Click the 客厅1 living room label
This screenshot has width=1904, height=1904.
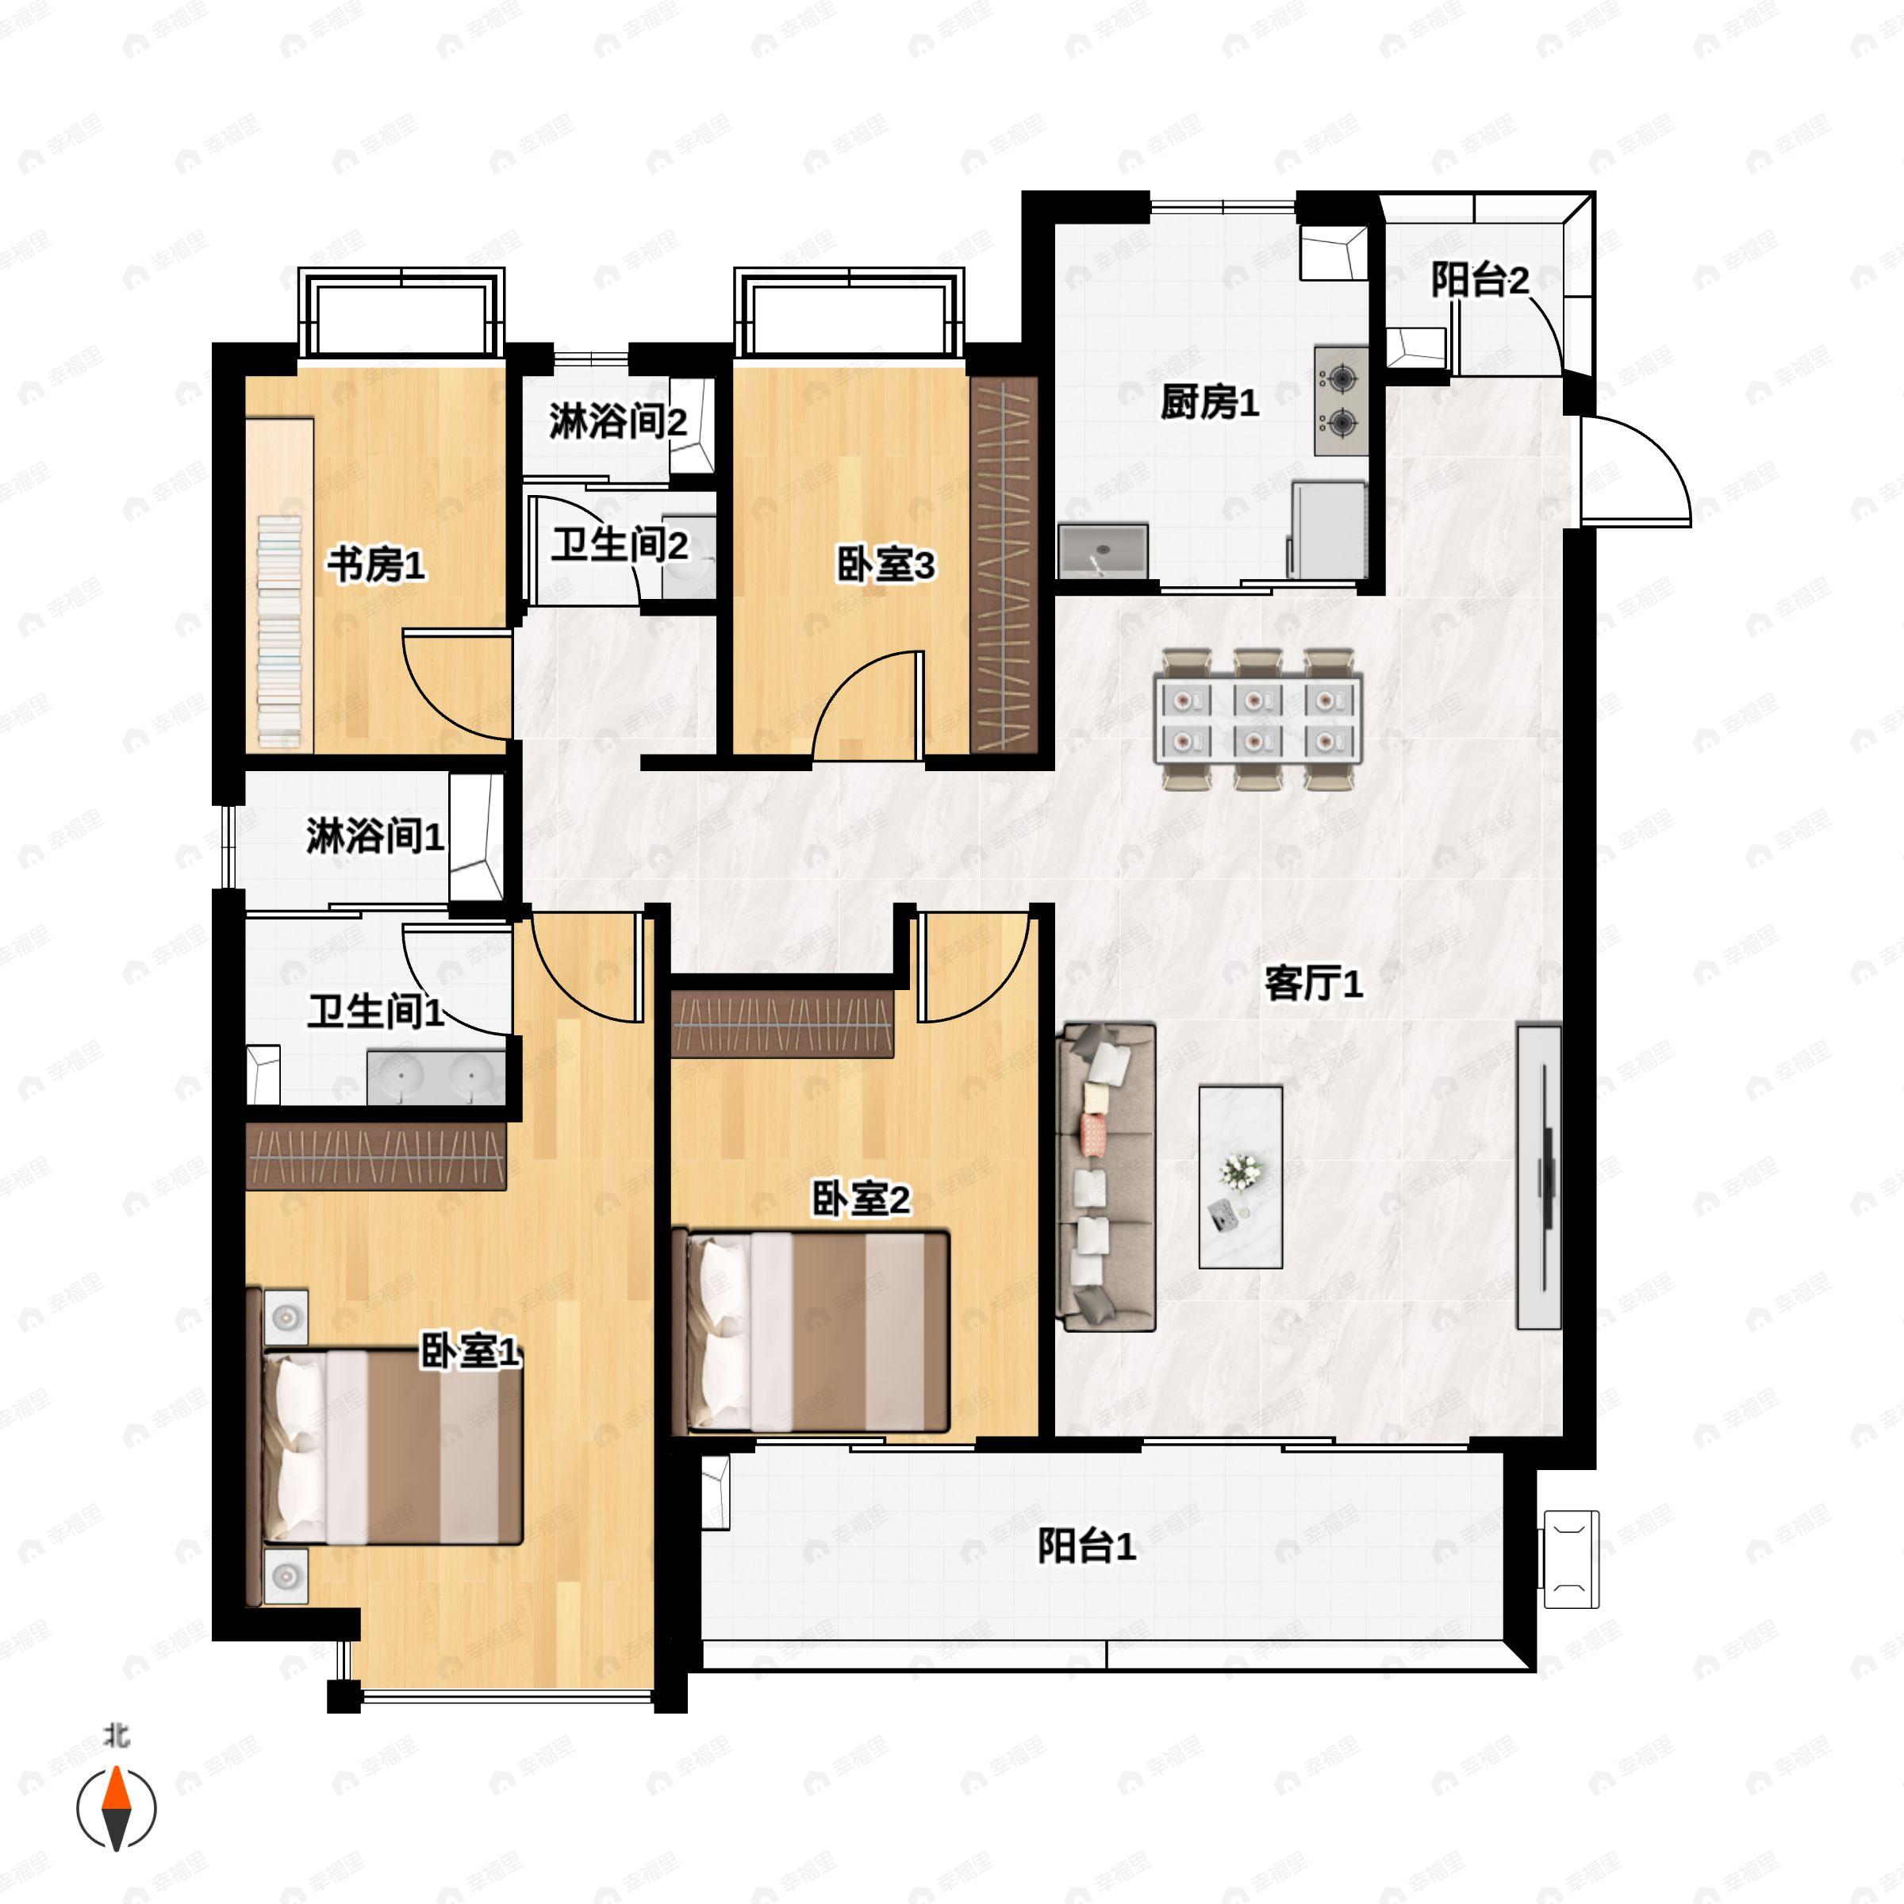(1314, 984)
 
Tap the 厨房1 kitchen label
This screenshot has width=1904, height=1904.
(1210, 402)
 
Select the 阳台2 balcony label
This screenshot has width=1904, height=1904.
(1480, 281)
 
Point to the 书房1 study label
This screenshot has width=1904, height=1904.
(377, 566)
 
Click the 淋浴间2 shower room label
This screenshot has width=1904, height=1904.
(618, 422)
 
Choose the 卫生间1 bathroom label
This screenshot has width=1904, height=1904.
(375, 1012)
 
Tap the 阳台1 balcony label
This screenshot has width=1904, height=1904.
(1087, 1546)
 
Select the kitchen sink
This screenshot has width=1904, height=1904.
(1104, 551)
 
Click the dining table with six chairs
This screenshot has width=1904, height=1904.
(1258, 720)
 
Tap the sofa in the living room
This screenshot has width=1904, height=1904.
(1106, 1177)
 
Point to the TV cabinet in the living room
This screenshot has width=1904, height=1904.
(1539, 1177)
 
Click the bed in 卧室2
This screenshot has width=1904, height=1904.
(810, 1330)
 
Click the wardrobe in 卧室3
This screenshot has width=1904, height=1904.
(1004, 566)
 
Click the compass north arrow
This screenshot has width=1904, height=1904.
(117, 1809)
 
